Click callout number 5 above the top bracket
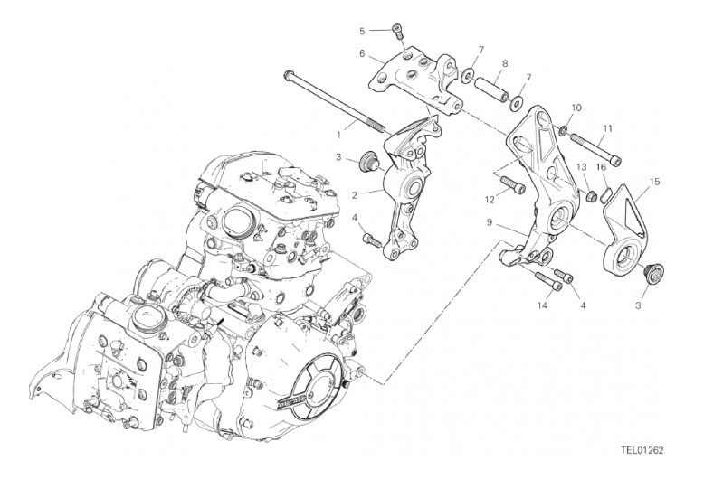362,31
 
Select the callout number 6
362,54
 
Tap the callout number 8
505,63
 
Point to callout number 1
339,134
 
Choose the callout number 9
490,222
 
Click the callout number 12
490,200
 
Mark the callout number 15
654,182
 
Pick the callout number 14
542,305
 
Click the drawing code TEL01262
642,450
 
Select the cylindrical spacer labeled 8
491,88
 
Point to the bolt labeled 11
595,146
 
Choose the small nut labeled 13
592,195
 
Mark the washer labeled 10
563,130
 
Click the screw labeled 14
548,281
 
